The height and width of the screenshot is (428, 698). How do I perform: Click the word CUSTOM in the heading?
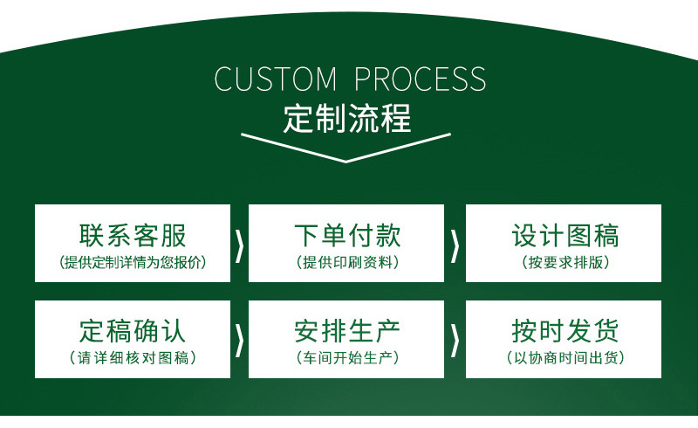tap(275, 79)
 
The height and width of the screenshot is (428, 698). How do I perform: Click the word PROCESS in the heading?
tap(420, 79)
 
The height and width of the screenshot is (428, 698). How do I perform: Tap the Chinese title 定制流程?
tap(346, 118)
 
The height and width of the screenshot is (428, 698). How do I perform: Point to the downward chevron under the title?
tap(346, 148)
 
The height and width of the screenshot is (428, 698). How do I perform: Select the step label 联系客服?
tap(133, 235)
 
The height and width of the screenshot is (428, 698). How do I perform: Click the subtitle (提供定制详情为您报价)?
tap(133, 262)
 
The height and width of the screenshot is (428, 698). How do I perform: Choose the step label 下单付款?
tap(346, 235)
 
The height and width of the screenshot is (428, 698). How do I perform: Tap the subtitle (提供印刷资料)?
tap(346, 262)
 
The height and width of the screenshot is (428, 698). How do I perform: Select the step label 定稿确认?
tap(133, 331)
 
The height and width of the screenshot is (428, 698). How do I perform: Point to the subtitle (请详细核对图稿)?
tap(133, 358)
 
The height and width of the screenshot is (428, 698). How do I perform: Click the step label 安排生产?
tap(346, 331)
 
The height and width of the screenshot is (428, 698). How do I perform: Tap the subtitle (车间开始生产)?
tap(346, 358)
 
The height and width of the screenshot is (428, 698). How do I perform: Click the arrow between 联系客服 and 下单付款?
tap(239, 245)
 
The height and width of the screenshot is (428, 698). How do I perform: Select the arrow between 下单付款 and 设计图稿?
tap(455, 245)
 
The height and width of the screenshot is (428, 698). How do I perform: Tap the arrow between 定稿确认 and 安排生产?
tap(239, 339)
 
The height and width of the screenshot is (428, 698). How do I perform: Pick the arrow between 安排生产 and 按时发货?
tap(455, 339)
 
